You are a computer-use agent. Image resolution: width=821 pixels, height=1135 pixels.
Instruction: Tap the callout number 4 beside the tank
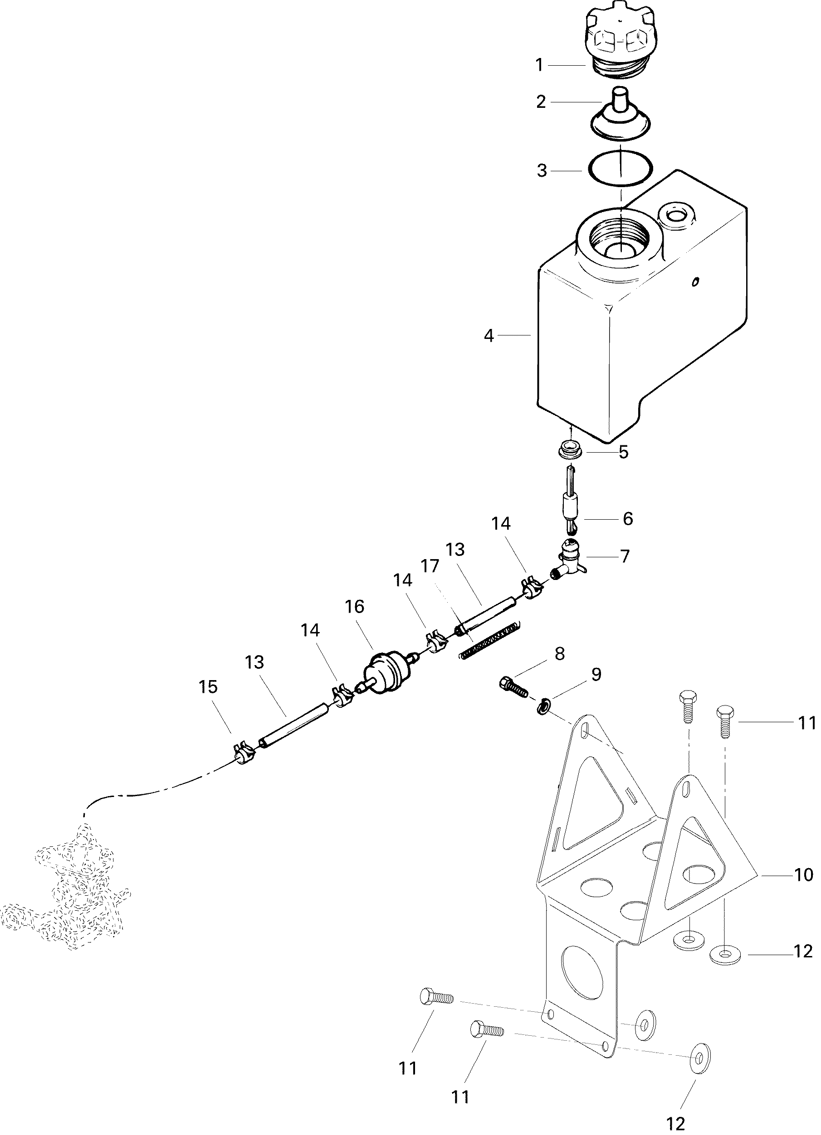coord(489,336)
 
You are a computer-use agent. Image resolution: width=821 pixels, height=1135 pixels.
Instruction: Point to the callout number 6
coord(628,518)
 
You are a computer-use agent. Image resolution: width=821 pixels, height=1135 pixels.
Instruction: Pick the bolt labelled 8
coord(513,686)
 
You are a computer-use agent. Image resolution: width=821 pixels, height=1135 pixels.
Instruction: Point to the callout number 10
coord(803,875)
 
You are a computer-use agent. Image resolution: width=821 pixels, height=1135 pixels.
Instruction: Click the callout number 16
coord(354,607)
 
